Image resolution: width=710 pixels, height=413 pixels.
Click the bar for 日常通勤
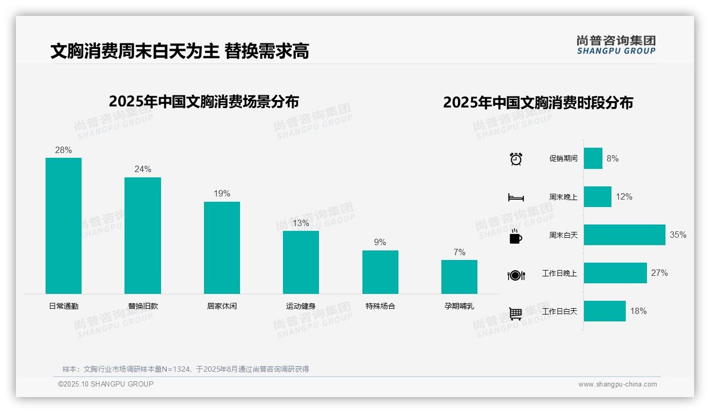64,226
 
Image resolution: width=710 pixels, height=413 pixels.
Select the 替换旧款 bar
143,236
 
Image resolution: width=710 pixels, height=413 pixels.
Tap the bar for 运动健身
301,262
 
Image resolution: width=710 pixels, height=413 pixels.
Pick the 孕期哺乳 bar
459,276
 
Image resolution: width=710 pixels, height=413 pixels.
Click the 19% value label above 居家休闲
222,194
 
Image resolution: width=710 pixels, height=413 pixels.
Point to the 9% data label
380,243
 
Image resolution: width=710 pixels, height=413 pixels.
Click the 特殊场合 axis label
380,306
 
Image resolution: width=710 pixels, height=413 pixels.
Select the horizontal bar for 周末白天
624,235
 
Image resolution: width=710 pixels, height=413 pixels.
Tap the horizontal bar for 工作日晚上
615,273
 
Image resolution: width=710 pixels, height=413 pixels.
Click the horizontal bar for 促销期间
593,158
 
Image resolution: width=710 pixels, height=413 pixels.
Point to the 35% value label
678,235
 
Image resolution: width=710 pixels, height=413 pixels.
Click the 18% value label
638,311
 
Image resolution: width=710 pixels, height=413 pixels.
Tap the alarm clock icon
516,159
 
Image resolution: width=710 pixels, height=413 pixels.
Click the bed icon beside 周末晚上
516,197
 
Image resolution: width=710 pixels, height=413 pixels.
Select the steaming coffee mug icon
516,236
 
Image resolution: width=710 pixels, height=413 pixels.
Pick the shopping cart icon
516,313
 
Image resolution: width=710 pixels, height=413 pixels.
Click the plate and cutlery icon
516,275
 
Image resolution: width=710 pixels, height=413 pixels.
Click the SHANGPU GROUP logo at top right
616,45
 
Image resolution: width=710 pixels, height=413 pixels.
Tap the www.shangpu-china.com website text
617,384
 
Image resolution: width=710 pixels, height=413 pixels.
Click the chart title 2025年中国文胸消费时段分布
538,103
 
